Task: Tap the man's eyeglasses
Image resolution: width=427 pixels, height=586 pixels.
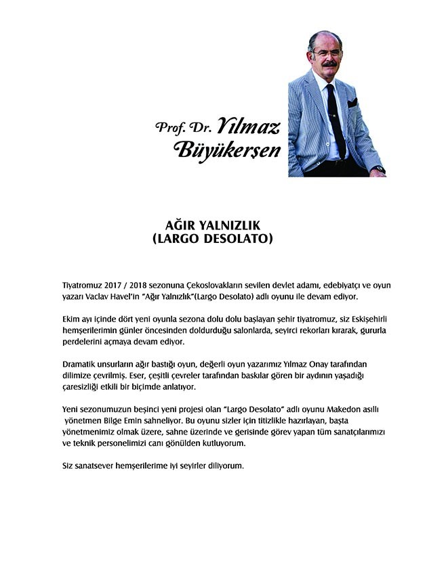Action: [x=327, y=53]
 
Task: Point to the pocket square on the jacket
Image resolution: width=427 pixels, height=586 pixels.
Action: [x=352, y=103]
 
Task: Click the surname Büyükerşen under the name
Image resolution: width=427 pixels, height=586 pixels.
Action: [x=228, y=150]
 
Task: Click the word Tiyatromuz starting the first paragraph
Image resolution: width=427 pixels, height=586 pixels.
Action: [x=77, y=286]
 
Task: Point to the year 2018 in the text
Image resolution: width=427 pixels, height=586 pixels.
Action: [x=138, y=286]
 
